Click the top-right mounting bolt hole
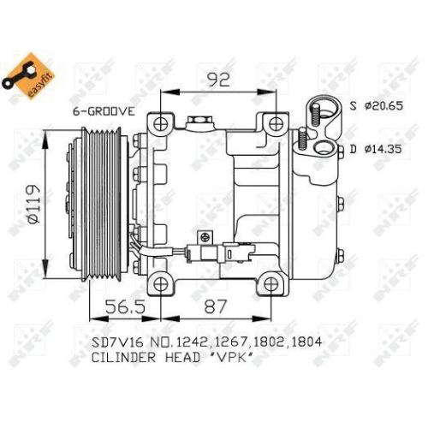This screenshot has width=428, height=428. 274,124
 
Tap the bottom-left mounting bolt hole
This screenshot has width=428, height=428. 159,283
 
